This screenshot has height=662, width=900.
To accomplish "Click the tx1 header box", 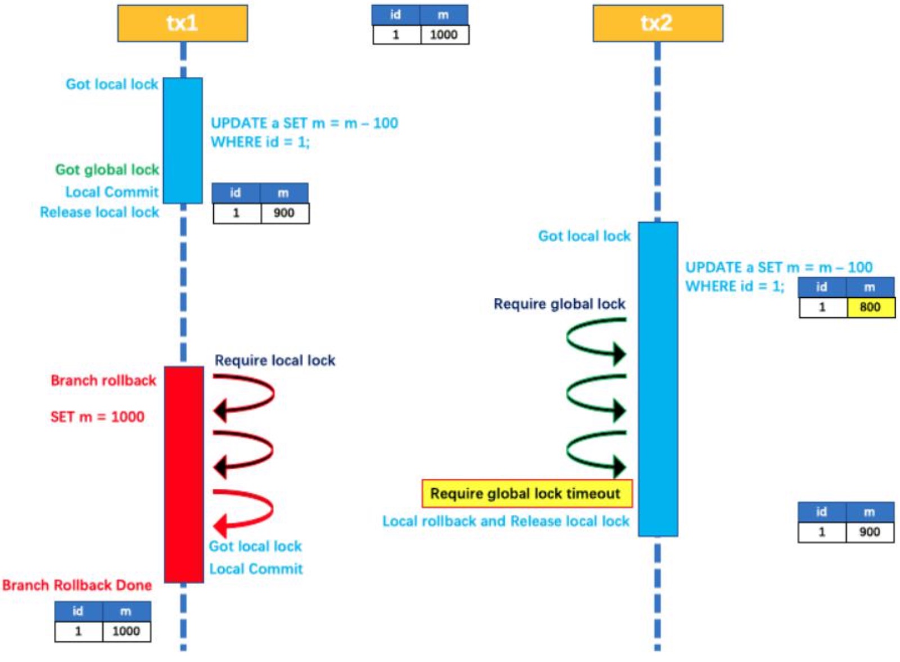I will [182, 23].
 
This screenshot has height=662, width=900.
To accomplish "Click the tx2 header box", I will [658, 23].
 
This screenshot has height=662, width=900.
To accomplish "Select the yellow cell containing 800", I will [870, 307].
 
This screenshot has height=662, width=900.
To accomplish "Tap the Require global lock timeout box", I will [526, 493].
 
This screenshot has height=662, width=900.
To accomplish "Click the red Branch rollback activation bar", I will [183, 474].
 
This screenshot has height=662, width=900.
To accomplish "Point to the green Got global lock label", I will [107, 170].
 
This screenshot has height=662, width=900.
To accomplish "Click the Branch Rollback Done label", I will [77, 585].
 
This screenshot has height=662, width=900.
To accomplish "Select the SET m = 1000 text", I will [97, 416].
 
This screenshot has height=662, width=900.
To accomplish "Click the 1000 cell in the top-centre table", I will [444, 35].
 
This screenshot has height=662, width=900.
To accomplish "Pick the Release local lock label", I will [100, 212].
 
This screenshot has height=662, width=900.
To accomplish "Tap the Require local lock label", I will [274, 360].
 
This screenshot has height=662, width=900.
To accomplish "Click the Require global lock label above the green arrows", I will [559, 304].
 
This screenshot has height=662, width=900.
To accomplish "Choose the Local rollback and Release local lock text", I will [506, 522].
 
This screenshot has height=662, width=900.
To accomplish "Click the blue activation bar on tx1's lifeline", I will [183, 140].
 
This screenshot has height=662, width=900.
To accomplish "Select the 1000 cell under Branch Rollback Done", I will [126, 631].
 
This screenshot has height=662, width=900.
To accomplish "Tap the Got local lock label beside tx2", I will [584, 236].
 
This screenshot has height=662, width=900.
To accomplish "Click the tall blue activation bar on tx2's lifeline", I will [658, 379].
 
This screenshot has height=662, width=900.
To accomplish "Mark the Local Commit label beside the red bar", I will [256, 569].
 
